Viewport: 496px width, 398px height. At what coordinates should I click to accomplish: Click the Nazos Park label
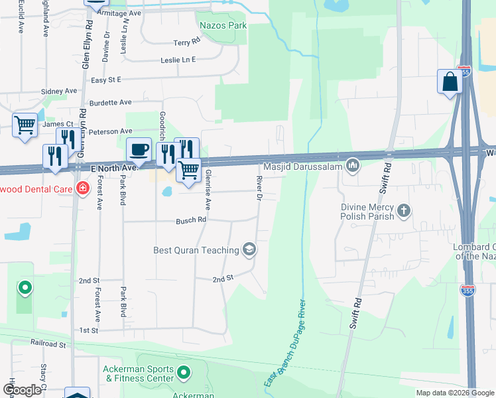click(x=223, y=25)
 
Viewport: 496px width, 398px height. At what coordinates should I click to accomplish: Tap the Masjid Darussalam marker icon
click(x=353, y=163)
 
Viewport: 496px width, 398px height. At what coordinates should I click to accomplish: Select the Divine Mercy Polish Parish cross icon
click(x=404, y=212)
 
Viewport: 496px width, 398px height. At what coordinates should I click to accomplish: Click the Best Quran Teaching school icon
click(x=250, y=249)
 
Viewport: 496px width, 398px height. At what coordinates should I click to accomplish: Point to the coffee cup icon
click(x=139, y=149)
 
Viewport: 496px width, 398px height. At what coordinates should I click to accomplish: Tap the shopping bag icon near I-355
click(x=450, y=82)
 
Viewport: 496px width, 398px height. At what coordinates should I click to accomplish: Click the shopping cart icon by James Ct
click(x=25, y=124)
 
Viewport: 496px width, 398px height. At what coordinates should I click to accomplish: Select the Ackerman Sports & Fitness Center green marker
click(x=184, y=374)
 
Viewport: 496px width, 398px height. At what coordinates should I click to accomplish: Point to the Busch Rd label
click(x=192, y=220)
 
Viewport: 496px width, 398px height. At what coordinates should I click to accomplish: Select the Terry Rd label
click(x=186, y=42)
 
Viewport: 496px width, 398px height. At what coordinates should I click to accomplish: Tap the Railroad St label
click(x=48, y=344)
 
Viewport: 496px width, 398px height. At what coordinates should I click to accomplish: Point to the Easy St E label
click(x=106, y=80)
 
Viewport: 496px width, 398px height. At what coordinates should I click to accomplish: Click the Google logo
click(x=21, y=390)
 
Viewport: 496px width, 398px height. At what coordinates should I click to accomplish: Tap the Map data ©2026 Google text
click(x=454, y=393)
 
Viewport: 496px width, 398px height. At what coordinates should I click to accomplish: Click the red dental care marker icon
click(x=82, y=188)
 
